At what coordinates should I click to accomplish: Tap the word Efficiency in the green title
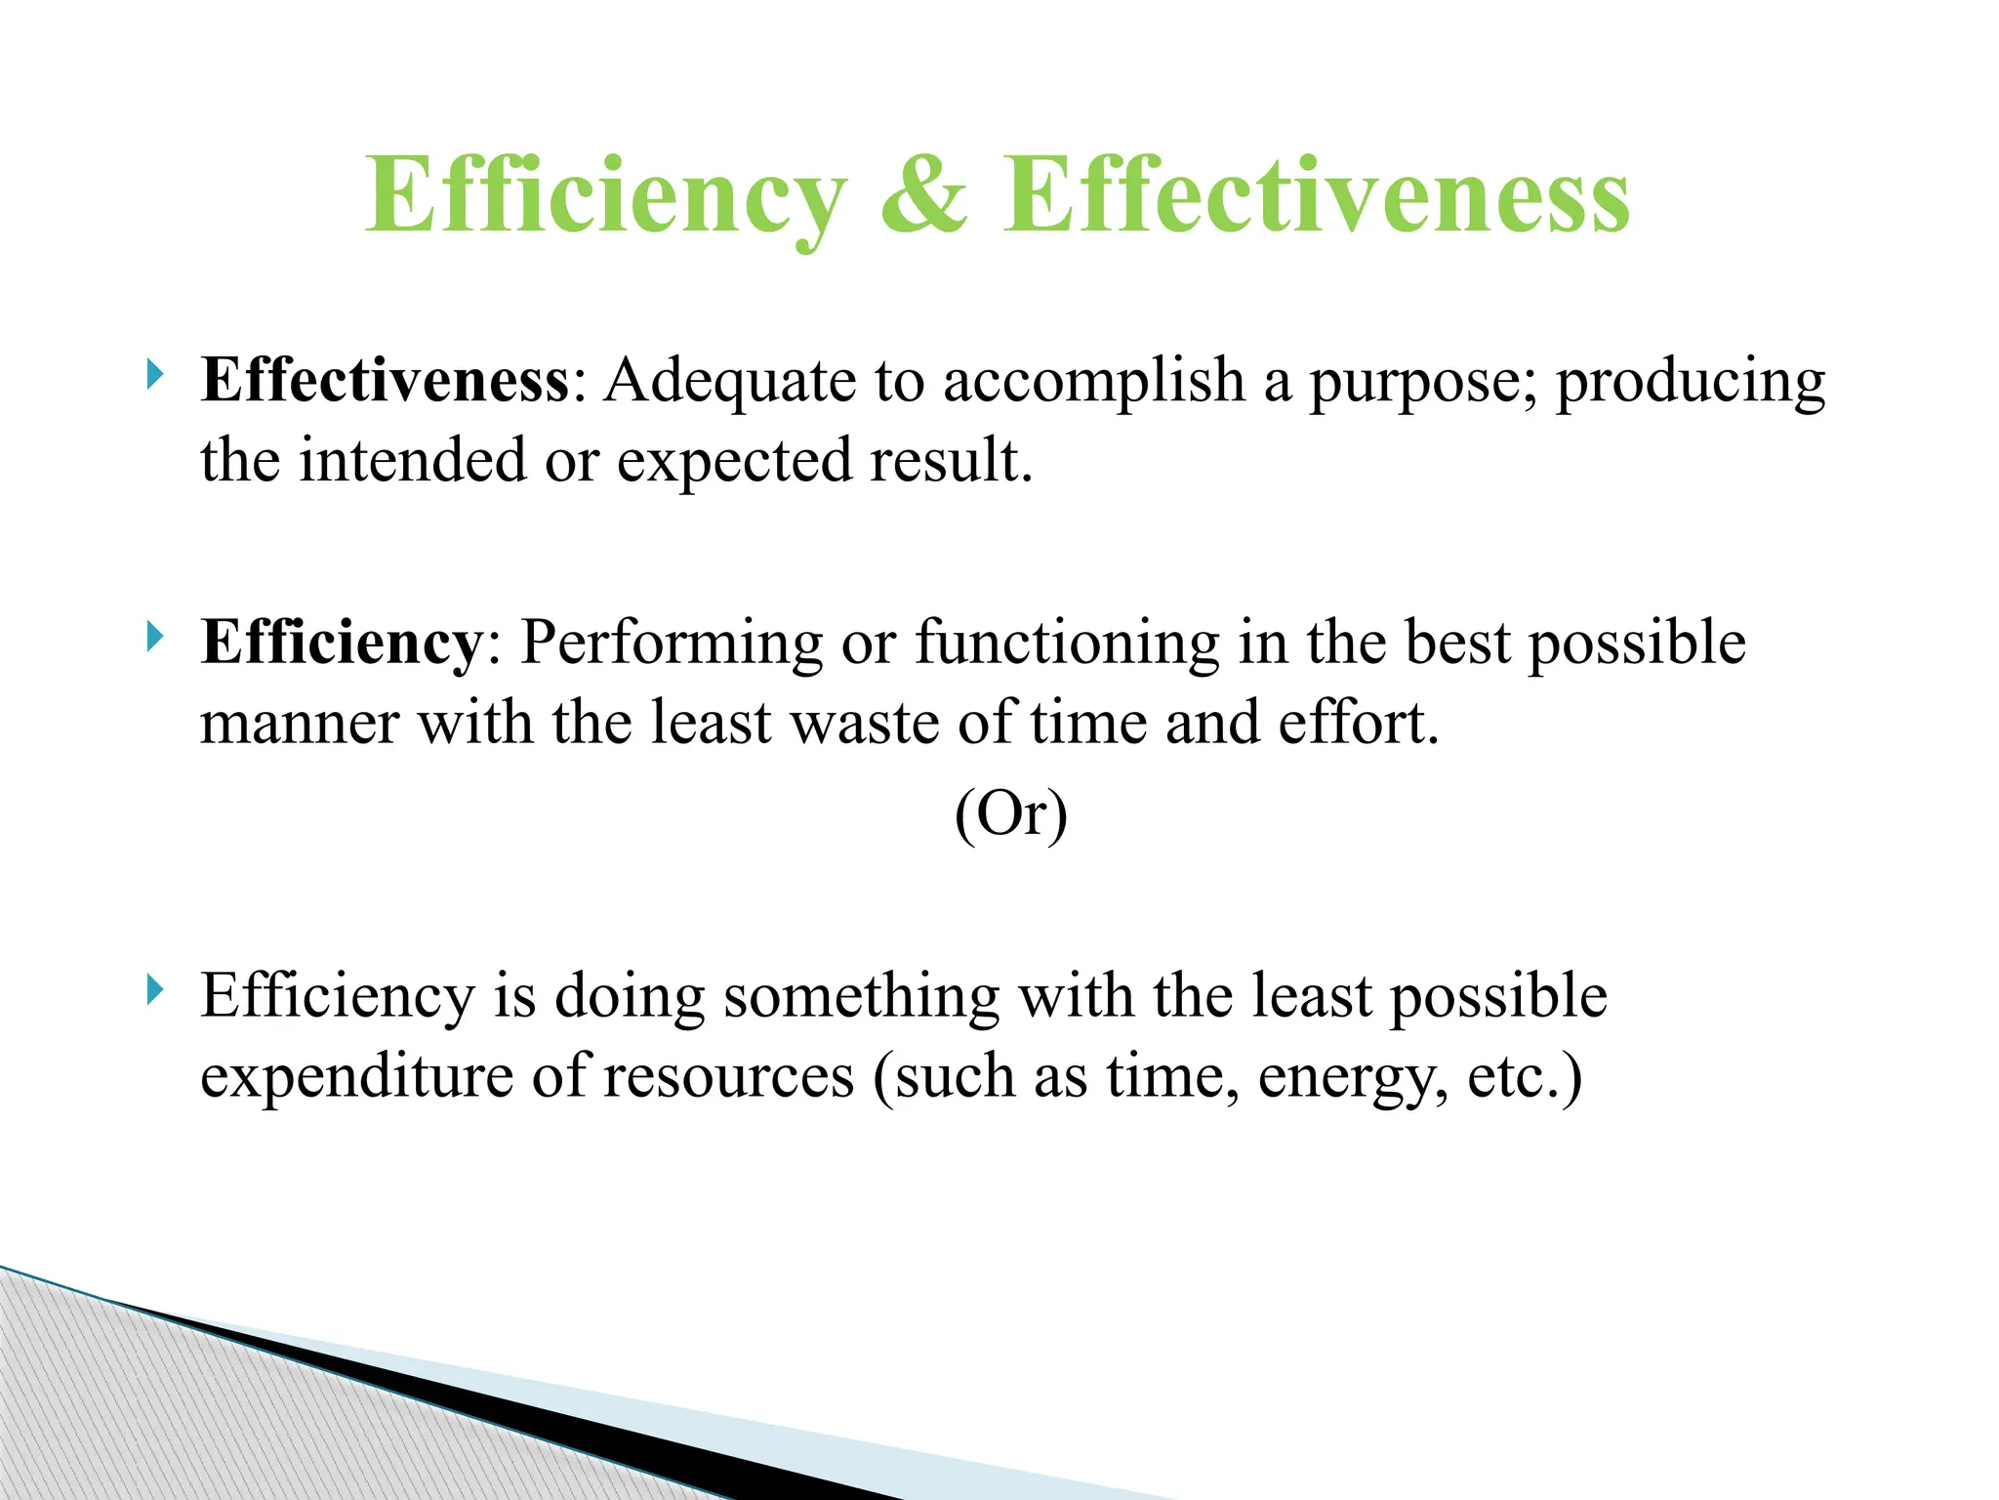point(605,198)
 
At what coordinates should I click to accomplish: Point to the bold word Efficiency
point(341,644)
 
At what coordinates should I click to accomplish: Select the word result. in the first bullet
point(951,460)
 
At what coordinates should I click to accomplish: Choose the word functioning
point(1067,645)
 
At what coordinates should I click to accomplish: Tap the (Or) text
point(1011,813)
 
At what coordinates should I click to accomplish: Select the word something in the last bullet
point(862,998)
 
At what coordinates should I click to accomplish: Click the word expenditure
point(356,1078)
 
